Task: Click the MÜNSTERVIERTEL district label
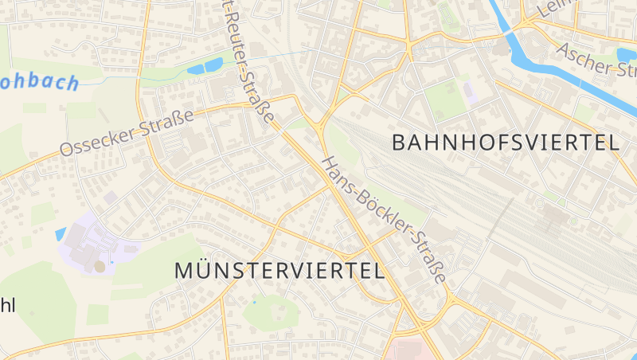(x=279, y=270)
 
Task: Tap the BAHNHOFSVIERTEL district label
(x=506, y=143)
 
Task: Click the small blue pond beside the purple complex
(x=61, y=233)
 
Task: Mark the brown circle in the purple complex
(x=100, y=266)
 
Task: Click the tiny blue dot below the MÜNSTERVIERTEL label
(x=255, y=303)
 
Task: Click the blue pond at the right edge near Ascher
(x=627, y=54)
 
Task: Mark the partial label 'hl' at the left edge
(x=8, y=305)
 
